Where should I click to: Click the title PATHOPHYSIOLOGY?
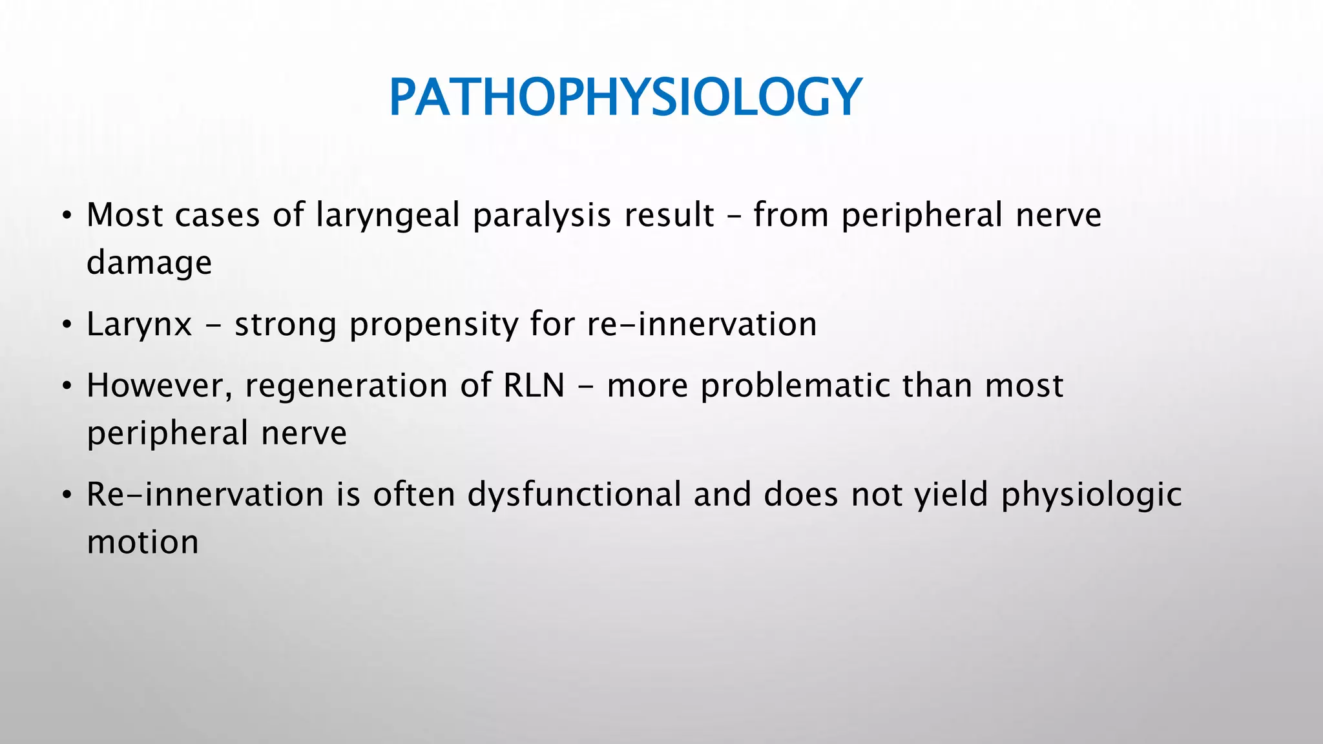(x=625, y=97)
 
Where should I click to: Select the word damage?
(x=149, y=263)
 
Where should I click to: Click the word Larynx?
(x=140, y=325)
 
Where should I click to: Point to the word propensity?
(x=433, y=325)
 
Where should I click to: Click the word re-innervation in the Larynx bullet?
(x=702, y=324)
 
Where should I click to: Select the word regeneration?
(x=346, y=386)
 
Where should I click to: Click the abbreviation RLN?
(x=534, y=386)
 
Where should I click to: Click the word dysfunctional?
(x=574, y=495)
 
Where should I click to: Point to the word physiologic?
(x=1091, y=495)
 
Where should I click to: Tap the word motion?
(x=143, y=542)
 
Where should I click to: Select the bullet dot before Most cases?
(x=67, y=217)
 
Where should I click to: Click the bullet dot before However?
(x=67, y=387)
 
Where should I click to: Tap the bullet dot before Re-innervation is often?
(x=67, y=497)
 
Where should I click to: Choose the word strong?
(x=285, y=325)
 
